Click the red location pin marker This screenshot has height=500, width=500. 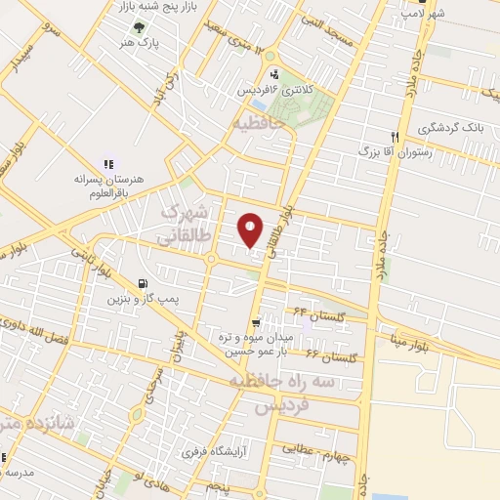[251, 229]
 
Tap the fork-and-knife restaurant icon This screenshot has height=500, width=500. [395, 137]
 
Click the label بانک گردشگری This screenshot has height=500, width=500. [451, 128]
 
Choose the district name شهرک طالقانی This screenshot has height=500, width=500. [186, 224]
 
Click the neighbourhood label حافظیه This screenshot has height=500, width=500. [259, 124]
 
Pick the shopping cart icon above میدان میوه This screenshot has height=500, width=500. [255, 323]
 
